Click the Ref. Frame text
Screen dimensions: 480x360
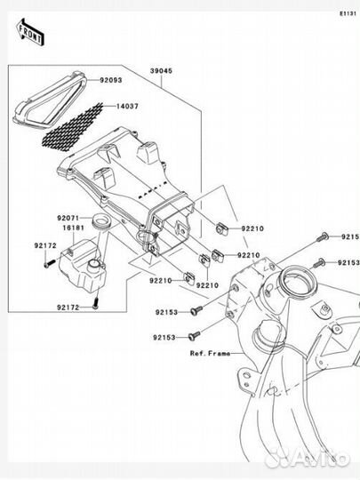pos(209,353)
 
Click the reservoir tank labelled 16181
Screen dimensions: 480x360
pos(82,261)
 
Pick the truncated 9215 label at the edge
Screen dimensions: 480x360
pos(350,237)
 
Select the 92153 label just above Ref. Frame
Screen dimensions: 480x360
pos(164,338)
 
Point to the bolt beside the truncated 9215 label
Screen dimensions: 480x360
pos(325,236)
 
